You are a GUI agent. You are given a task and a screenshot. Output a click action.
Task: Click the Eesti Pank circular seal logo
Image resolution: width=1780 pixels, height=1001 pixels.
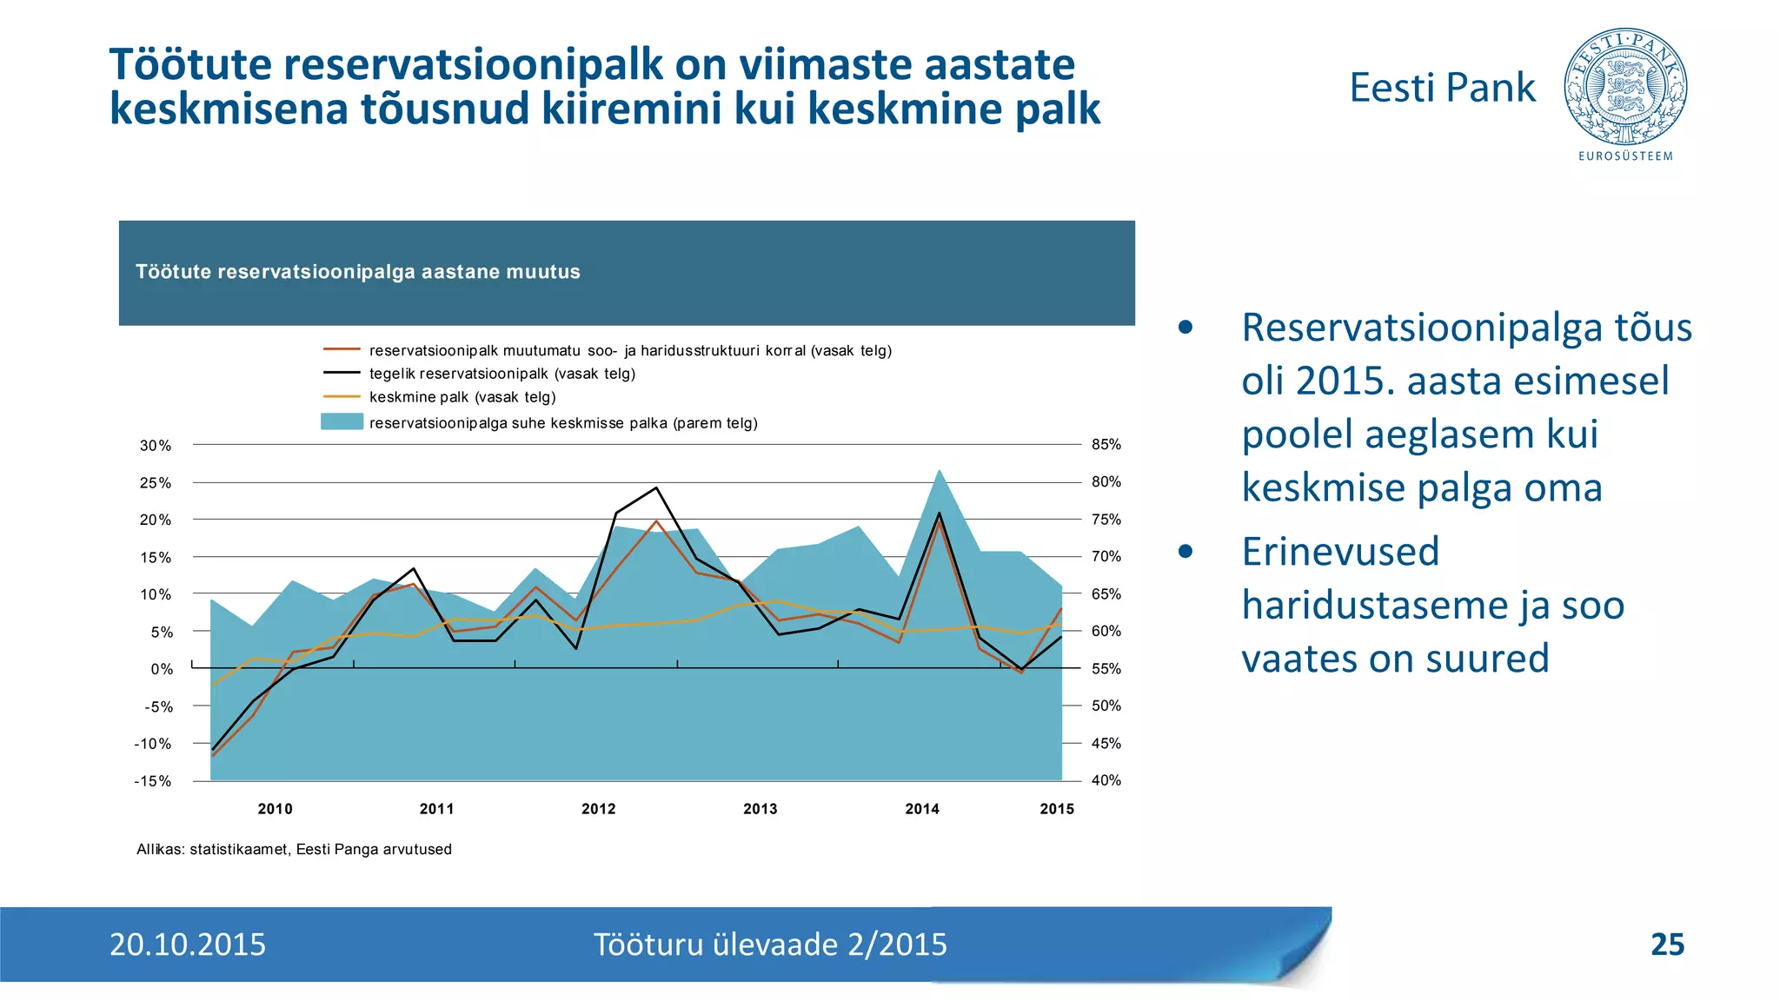1625,87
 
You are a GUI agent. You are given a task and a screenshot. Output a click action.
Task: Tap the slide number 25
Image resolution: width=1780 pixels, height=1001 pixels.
1666,945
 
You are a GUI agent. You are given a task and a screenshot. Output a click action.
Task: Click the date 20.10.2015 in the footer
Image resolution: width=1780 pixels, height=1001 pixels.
188,945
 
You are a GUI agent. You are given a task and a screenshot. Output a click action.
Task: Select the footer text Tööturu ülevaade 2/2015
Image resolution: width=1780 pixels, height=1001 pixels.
770,945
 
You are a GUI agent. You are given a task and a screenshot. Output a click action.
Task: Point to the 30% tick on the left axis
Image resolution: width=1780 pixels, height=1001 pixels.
156,446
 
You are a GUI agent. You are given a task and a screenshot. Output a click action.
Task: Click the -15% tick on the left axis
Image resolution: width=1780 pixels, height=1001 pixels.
153,781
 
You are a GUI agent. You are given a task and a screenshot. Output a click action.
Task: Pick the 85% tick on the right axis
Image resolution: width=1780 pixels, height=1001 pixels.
1106,445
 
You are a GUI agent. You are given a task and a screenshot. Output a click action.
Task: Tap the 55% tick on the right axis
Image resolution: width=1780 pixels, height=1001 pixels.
1106,669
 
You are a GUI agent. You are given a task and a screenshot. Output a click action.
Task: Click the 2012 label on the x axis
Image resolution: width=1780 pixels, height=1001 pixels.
598,809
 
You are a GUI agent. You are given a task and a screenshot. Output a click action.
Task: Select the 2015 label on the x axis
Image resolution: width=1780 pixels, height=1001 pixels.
1057,809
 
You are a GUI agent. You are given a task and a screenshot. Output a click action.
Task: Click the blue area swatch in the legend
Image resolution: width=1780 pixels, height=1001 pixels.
342,422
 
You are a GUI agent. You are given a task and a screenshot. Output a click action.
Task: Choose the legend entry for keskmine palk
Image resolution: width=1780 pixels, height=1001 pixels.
462,397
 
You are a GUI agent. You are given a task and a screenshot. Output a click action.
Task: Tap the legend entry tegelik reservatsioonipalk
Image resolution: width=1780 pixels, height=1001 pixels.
501,374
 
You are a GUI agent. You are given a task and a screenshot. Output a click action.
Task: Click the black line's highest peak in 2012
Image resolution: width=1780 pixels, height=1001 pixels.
656,487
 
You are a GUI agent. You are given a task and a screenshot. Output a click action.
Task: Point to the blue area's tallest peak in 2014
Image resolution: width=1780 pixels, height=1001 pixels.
940,471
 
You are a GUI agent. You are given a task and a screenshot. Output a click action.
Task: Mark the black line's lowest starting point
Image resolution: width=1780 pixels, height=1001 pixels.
213,749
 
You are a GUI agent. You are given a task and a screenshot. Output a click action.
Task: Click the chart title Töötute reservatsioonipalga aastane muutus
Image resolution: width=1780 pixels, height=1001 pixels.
358,272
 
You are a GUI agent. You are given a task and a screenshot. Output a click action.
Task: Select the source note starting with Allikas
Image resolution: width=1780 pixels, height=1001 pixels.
294,849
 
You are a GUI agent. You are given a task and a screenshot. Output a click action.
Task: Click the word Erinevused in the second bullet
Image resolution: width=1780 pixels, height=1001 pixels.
1340,552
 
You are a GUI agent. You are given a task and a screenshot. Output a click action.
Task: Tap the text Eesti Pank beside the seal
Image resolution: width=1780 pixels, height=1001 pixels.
1442,88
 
